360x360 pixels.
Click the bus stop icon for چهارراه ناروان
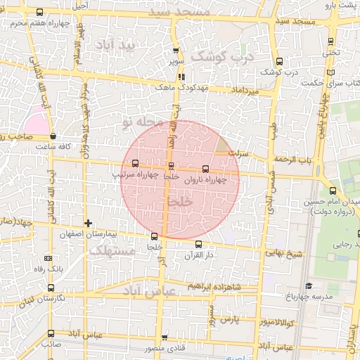point(205,169)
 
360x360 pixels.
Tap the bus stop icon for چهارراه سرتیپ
point(135,163)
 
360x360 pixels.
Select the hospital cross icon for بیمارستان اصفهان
point(88,223)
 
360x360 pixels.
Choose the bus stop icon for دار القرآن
point(199,243)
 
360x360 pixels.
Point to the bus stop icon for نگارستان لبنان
point(50,287)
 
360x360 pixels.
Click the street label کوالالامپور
point(278,322)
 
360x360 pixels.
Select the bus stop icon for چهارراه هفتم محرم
point(39,12)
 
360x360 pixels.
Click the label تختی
point(330,52)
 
